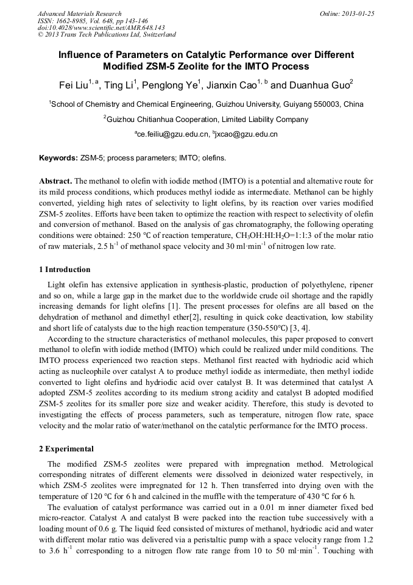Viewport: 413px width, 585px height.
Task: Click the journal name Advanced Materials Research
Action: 79,13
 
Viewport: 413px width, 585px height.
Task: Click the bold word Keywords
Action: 58,158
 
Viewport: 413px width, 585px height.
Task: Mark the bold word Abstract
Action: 56,181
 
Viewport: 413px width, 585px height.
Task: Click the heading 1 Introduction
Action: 65,270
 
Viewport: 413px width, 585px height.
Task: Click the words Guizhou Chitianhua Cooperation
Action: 163,120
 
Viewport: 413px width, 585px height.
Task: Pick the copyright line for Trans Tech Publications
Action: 107,35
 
